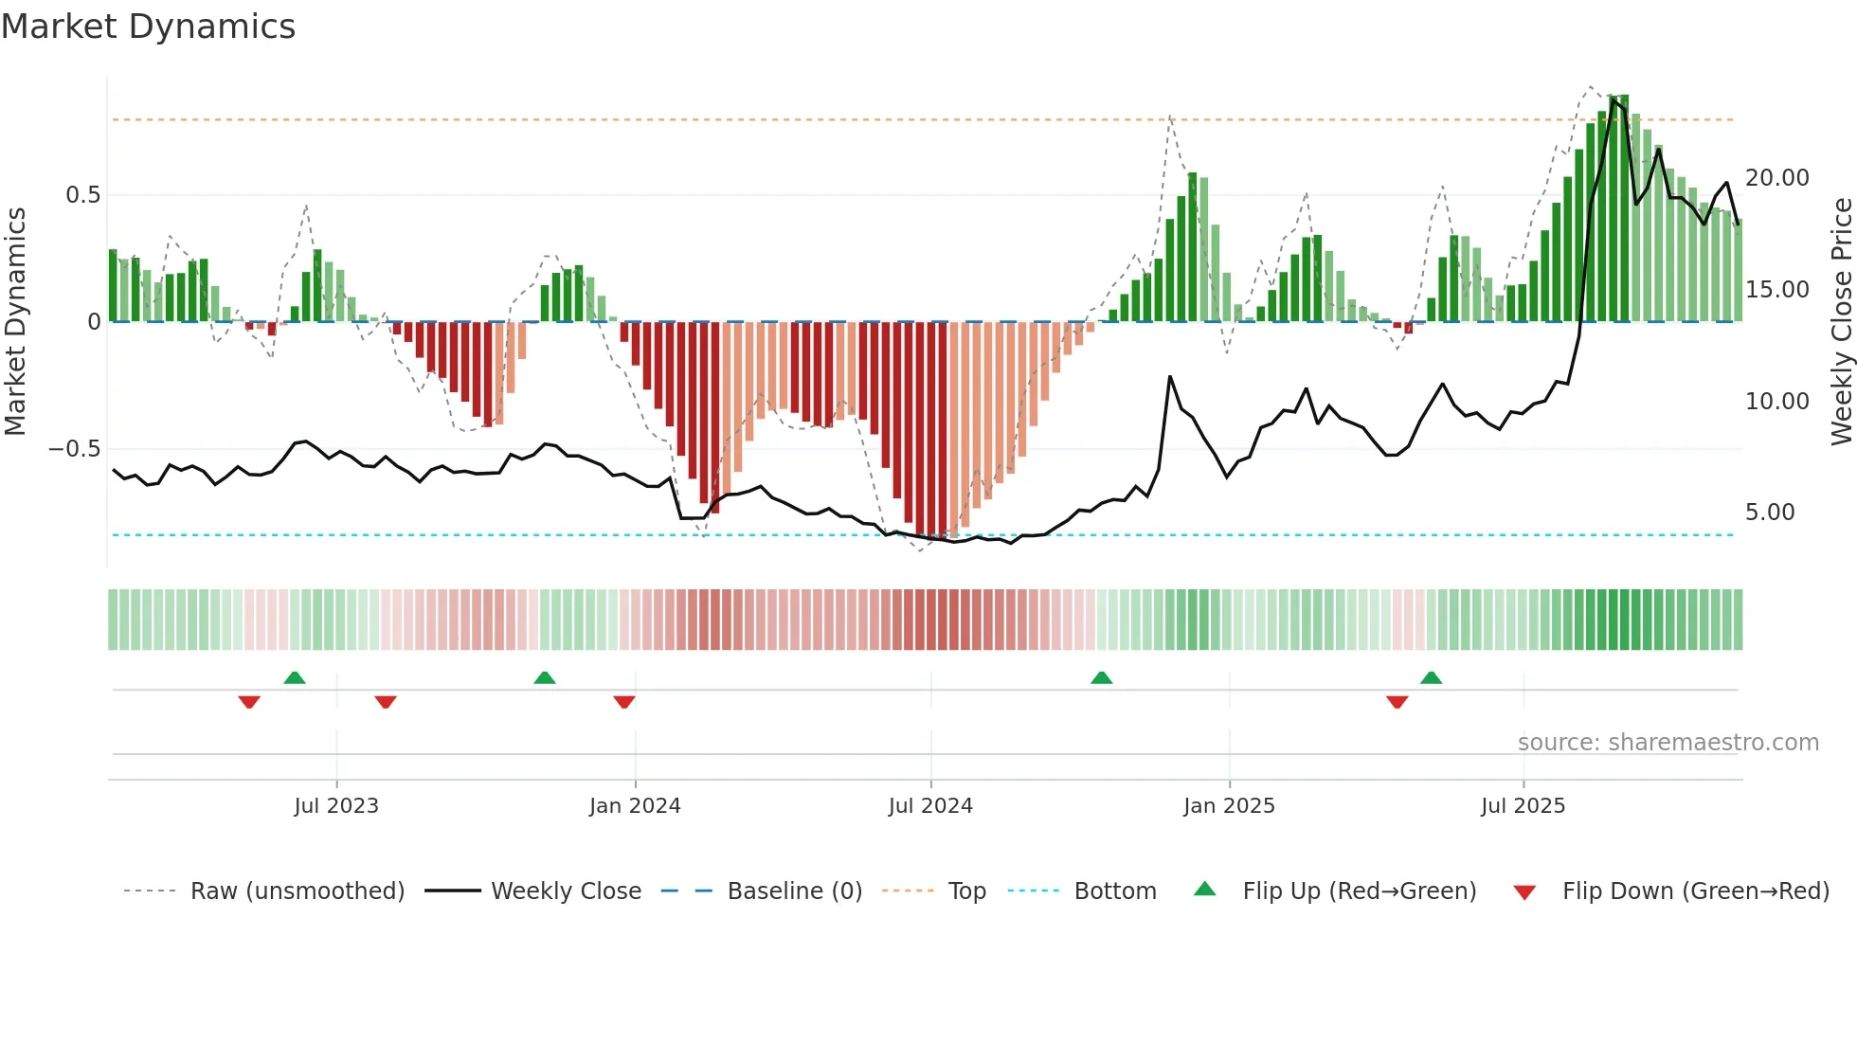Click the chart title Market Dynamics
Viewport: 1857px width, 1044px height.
148,27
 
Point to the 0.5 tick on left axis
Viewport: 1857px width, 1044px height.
82,195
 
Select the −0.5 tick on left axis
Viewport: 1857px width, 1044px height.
75,449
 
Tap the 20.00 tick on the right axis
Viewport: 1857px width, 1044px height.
1776,178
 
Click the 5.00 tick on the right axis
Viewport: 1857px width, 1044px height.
1769,513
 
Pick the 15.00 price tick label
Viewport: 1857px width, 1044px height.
1776,290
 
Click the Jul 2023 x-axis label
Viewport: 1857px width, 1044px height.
336,806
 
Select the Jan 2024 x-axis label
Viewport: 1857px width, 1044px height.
635,806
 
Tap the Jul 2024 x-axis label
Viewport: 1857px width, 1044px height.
930,806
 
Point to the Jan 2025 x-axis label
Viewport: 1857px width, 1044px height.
1229,806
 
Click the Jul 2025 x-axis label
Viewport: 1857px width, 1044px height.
1523,806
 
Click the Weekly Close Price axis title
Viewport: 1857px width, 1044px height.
1841,322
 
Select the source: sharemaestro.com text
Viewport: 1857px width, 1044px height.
1668,743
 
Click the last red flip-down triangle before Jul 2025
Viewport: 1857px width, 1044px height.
1397,702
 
